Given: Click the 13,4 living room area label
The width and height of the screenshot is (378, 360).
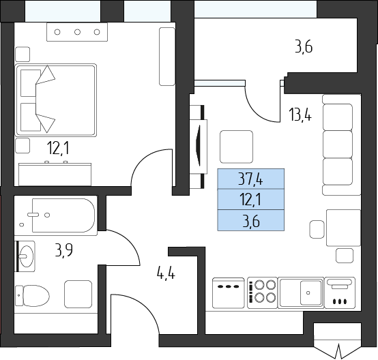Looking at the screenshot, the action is coord(300,115).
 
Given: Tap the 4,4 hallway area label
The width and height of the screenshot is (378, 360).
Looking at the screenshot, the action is coord(166,274).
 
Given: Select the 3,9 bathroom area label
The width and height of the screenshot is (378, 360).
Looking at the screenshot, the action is coord(63,250).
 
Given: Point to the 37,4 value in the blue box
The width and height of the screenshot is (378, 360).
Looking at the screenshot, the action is coord(250,179).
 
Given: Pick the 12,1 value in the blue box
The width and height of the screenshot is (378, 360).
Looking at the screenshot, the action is coord(250,200).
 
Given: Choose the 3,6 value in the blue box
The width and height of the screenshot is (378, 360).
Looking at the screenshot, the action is coord(251,221).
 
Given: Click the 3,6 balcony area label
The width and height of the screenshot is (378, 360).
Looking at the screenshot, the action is coord(304,46).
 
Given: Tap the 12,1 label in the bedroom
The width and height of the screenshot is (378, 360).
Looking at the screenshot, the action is coord(59,148).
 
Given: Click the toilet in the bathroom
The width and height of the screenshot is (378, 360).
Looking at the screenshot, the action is coord(32,296).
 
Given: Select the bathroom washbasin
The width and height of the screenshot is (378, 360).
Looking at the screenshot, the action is coord(26,256).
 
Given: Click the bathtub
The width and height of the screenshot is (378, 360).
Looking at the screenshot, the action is coord(63,215).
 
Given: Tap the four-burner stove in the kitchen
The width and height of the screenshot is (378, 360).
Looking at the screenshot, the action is coord(262,292).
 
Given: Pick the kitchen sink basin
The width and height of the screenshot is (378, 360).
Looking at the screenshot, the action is coord(310,292).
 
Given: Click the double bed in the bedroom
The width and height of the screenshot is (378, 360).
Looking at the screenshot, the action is coord(56,100).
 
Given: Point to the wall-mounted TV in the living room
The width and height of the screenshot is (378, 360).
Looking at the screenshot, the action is coord(199,146).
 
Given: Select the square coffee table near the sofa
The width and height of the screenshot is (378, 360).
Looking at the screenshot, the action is coord(236,147).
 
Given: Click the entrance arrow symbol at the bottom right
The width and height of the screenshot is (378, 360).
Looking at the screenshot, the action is coord(338,352).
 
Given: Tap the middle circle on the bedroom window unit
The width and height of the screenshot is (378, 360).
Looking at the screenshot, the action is coord(77,32).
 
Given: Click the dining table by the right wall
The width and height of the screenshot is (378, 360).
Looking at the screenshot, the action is coord(343,228).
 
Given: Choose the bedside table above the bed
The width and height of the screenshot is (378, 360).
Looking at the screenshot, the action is coord(23,55).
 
